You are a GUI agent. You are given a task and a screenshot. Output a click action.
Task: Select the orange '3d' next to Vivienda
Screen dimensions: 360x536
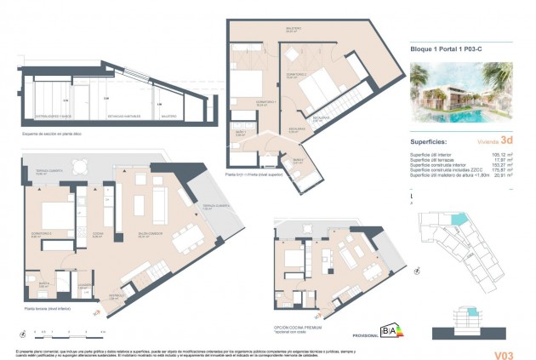[x=506, y=140]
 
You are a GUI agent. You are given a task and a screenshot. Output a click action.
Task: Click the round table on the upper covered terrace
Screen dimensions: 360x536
[x=79, y=167]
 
